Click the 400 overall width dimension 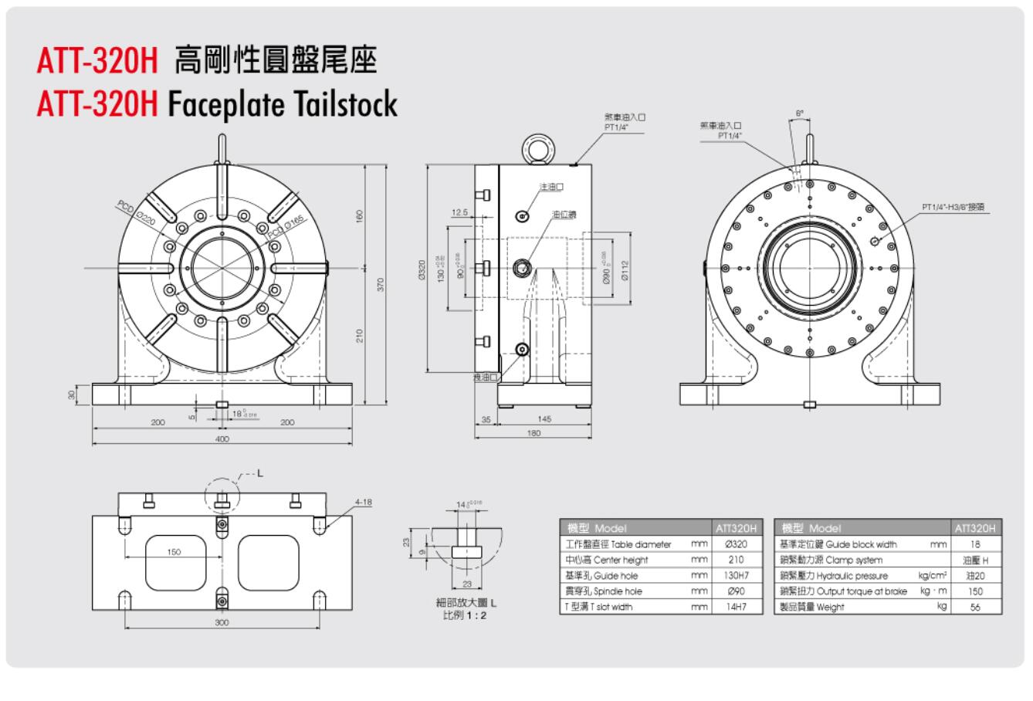222,439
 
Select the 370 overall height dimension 381,284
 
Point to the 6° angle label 800,113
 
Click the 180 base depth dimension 533,433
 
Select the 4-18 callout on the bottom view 363,503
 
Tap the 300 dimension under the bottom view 222,621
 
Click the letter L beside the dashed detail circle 259,473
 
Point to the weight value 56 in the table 976,607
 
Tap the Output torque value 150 976,591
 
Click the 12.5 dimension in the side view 460,213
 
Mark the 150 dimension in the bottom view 174,552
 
